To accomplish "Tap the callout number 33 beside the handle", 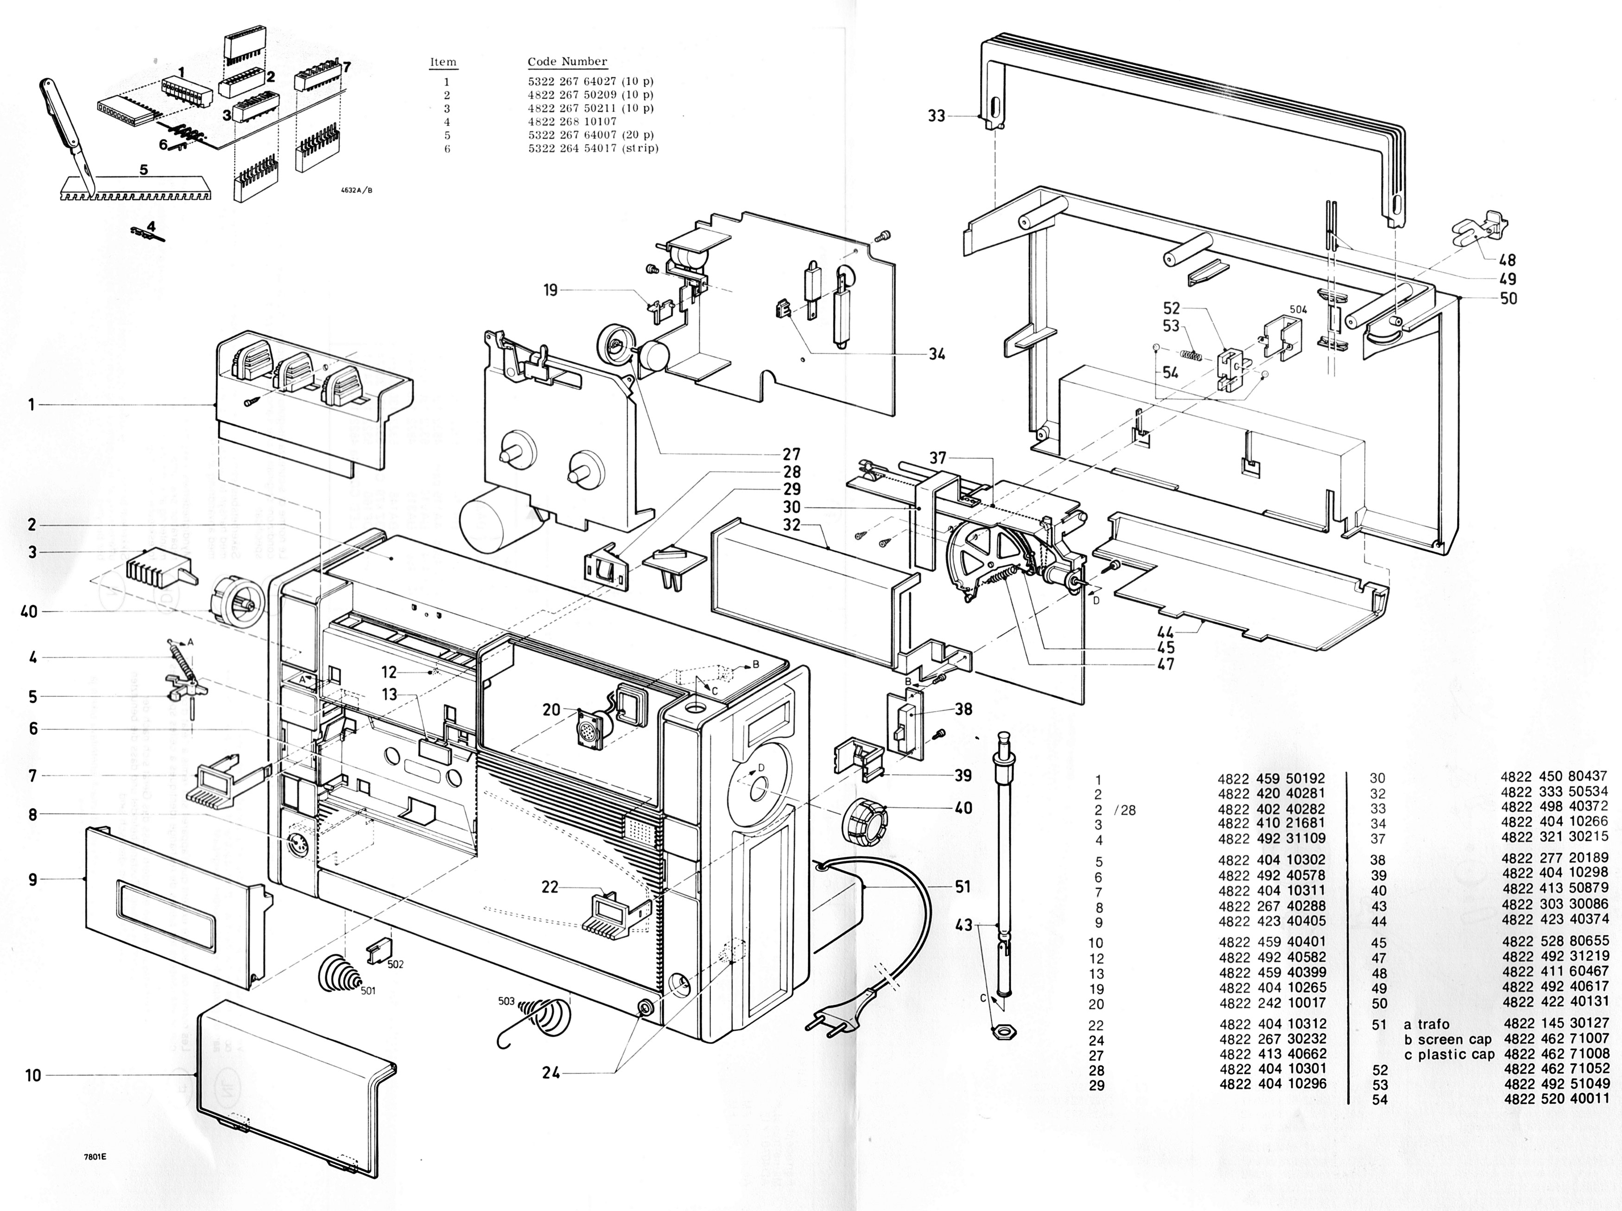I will pos(936,116).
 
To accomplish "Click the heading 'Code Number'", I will pos(567,62).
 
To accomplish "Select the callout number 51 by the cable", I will pos(962,887).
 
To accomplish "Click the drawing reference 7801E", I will pos(95,1157).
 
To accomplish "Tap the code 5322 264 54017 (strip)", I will pos(593,148).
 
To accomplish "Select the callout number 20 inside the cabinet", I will pos(551,710).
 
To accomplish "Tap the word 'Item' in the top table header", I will pos(443,62).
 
